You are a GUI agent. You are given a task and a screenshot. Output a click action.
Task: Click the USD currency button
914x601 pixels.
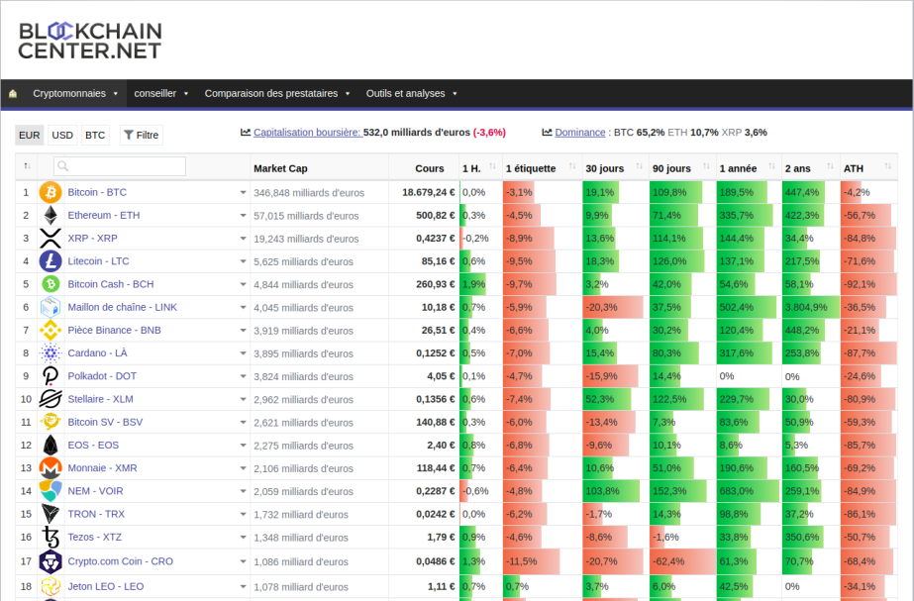pyautogui.click(x=62, y=136)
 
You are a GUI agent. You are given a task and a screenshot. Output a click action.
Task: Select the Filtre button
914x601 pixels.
pyautogui.click(x=141, y=136)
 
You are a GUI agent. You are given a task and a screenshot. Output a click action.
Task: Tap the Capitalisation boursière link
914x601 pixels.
pyautogui.click(x=308, y=133)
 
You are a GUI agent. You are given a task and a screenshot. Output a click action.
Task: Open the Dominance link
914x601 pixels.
pyautogui.click(x=580, y=133)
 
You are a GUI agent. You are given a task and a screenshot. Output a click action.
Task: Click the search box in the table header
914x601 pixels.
pyautogui.click(x=120, y=166)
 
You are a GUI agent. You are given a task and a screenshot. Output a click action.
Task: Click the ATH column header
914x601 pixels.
pyautogui.click(x=854, y=168)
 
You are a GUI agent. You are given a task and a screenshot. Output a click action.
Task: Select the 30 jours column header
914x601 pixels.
pyautogui.click(x=604, y=168)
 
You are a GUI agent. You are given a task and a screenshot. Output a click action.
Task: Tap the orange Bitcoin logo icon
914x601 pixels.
pyautogui.click(x=51, y=192)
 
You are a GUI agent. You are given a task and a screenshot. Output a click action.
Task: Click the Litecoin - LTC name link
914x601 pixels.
pyautogui.click(x=98, y=261)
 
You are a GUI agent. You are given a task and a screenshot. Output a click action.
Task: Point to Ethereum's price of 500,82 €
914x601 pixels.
pyautogui.click(x=436, y=215)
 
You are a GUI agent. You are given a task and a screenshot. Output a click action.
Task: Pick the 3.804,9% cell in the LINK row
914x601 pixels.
pyautogui.click(x=806, y=307)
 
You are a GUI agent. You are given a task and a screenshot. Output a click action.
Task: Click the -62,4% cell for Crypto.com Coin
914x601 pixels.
pyautogui.click(x=666, y=561)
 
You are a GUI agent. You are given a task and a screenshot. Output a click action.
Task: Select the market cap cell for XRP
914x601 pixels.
pyautogui.click(x=306, y=239)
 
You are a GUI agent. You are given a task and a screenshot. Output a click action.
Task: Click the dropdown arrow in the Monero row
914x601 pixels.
pyautogui.click(x=243, y=468)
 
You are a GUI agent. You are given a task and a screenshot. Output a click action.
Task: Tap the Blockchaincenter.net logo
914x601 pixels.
pyautogui.click(x=90, y=41)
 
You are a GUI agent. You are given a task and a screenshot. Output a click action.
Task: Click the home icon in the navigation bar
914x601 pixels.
pyautogui.click(x=13, y=93)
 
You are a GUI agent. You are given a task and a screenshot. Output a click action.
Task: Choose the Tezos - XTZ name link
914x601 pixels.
pyautogui.click(x=95, y=537)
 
